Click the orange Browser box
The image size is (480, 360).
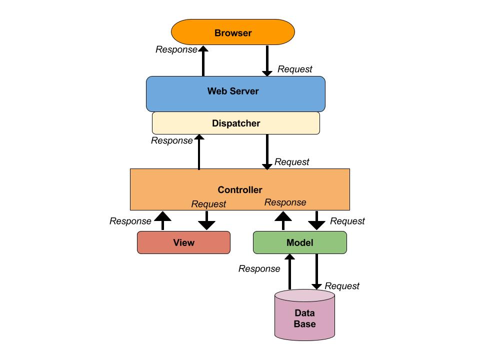pos(233,33)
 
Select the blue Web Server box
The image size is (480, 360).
pos(235,93)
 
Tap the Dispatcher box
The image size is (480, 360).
pos(235,123)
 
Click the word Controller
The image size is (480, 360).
pos(240,190)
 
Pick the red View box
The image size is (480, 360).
pos(183,242)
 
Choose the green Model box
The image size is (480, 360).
pos(299,242)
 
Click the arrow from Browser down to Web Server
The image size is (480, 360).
pos(267,60)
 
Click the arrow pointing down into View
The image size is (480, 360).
pos(206,220)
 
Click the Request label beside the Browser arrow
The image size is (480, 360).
pos(294,69)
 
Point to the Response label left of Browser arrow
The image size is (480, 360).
pos(176,49)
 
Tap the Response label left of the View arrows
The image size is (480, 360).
pos(130,221)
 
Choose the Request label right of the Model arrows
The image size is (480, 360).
pos(347,221)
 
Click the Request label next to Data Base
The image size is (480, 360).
pos(342,286)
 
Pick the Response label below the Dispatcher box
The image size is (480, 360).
pos(171,140)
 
